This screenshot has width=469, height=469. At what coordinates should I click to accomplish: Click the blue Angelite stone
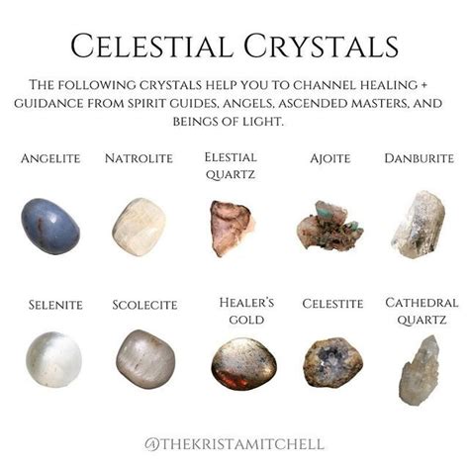(50, 227)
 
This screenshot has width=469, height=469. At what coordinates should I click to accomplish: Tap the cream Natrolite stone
(139, 227)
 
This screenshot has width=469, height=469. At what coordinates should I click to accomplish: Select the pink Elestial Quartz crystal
(232, 229)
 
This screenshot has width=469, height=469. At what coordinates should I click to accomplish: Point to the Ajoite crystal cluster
(329, 228)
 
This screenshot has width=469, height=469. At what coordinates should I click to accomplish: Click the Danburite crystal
(419, 225)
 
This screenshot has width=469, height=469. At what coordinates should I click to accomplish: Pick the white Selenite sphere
(53, 359)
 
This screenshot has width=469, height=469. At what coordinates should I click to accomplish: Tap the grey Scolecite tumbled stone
(145, 359)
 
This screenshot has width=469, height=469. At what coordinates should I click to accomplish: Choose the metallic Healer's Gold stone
(244, 363)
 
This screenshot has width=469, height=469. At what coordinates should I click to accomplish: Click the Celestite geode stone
(332, 362)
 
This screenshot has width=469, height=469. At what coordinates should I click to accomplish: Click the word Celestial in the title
(152, 46)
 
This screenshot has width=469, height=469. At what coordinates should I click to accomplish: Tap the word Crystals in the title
(322, 46)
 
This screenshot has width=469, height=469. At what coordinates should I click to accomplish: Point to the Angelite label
(50, 158)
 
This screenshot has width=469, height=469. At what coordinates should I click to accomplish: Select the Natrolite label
(139, 158)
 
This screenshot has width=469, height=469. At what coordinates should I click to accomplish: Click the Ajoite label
(330, 158)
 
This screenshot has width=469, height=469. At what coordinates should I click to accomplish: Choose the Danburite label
(420, 158)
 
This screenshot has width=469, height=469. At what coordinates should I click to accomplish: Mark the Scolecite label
(144, 305)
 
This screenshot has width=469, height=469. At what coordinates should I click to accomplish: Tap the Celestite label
(332, 304)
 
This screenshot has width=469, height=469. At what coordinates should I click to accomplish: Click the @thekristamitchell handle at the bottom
(234, 444)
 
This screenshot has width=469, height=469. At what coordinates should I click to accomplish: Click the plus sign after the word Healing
(423, 85)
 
